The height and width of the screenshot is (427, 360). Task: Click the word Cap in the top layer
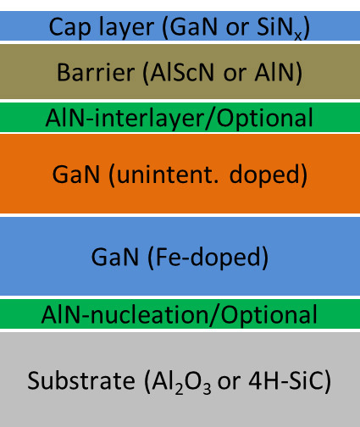coord(69,27)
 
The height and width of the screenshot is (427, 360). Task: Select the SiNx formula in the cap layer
coord(279,28)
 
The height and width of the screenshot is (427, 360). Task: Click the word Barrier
coord(96,73)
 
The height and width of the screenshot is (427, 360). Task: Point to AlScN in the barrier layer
coord(182,73)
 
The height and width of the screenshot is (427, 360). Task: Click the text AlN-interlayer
coord(125,119)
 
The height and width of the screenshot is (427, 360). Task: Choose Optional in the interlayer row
coord(265,119)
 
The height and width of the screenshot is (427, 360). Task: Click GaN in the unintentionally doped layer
coord(76,175)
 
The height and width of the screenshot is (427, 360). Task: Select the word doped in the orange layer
coord(264,175)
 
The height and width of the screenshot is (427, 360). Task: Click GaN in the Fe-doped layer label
coord(115,257)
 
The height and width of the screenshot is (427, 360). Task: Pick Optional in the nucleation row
coord(269,315)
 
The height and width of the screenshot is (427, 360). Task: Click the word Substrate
coord(81,380)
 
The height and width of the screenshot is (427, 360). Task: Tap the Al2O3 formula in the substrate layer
coord(181,381)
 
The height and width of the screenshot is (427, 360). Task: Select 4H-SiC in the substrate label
coord(286,380)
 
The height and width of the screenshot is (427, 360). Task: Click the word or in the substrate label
coord(229,383)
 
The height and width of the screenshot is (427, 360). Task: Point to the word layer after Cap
coord(126,28)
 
